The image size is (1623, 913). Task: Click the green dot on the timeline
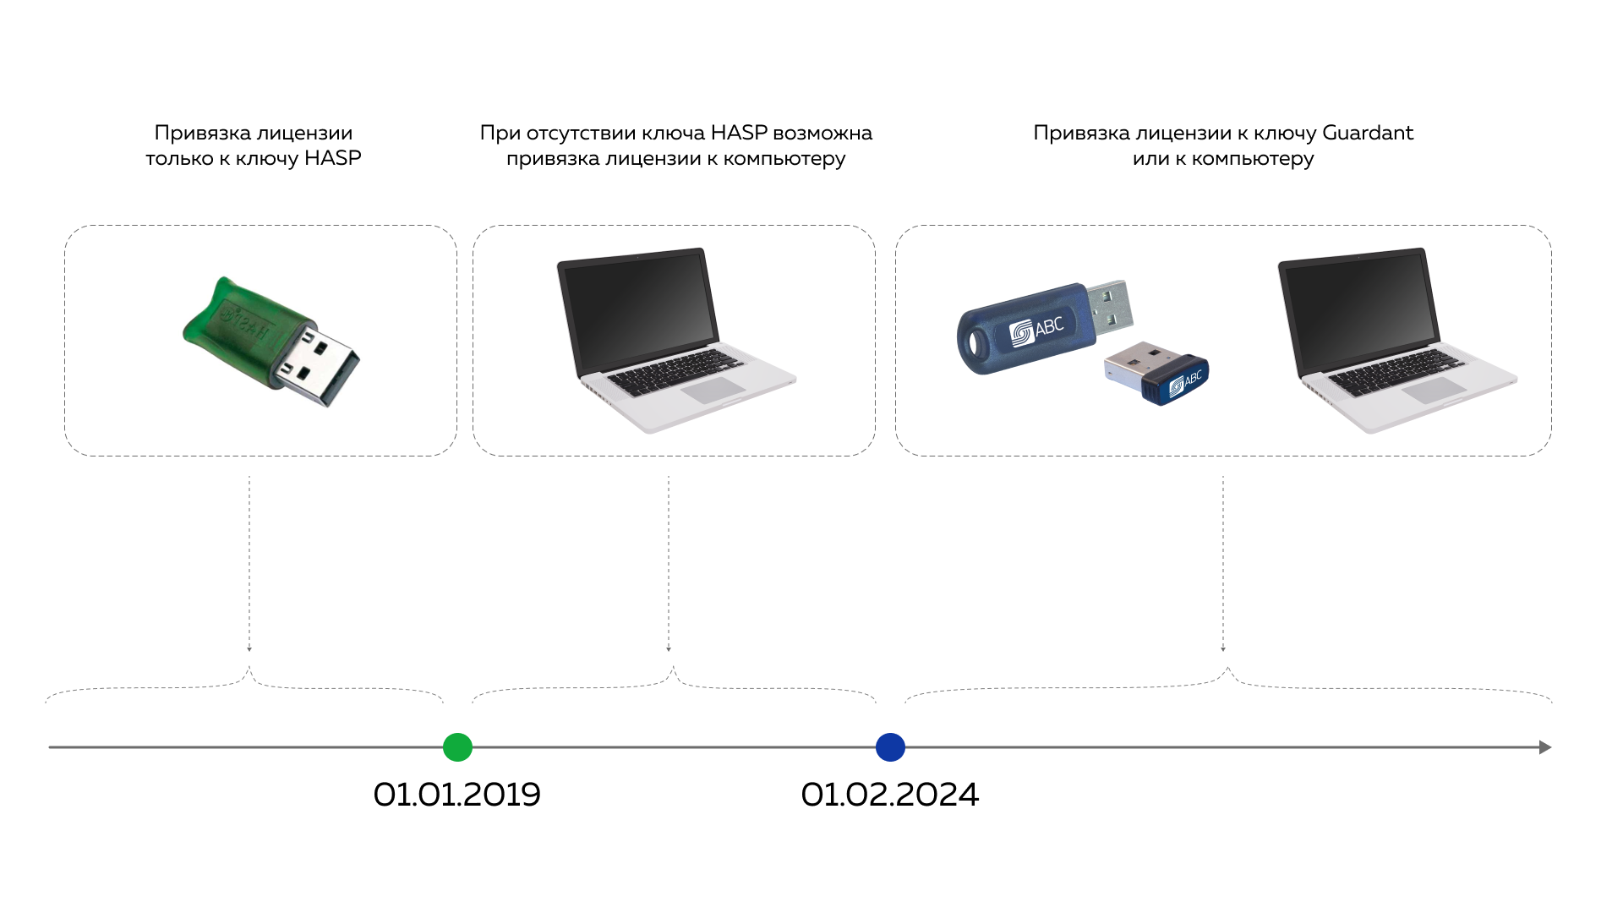pyautogui.click(x=457, y=747)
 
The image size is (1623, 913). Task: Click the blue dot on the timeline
pyautogui.click(x=890, y=747)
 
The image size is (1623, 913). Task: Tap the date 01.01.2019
pyautogui.click(x=456, y=795)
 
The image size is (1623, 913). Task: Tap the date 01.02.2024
pyautogui.click(x=889, y=795)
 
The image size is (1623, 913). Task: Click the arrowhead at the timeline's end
pyautogui.click(x=1544, y=747)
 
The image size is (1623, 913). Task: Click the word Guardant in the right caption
pyautogui.click(x=1367, y=134)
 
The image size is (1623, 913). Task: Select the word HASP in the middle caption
pyautogui.click(x=739, y=134)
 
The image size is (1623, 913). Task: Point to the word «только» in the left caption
pyautogui.click(x=178, y=158)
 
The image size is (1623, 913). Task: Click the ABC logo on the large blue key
pyautogui.click(x=1037, y=328)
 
